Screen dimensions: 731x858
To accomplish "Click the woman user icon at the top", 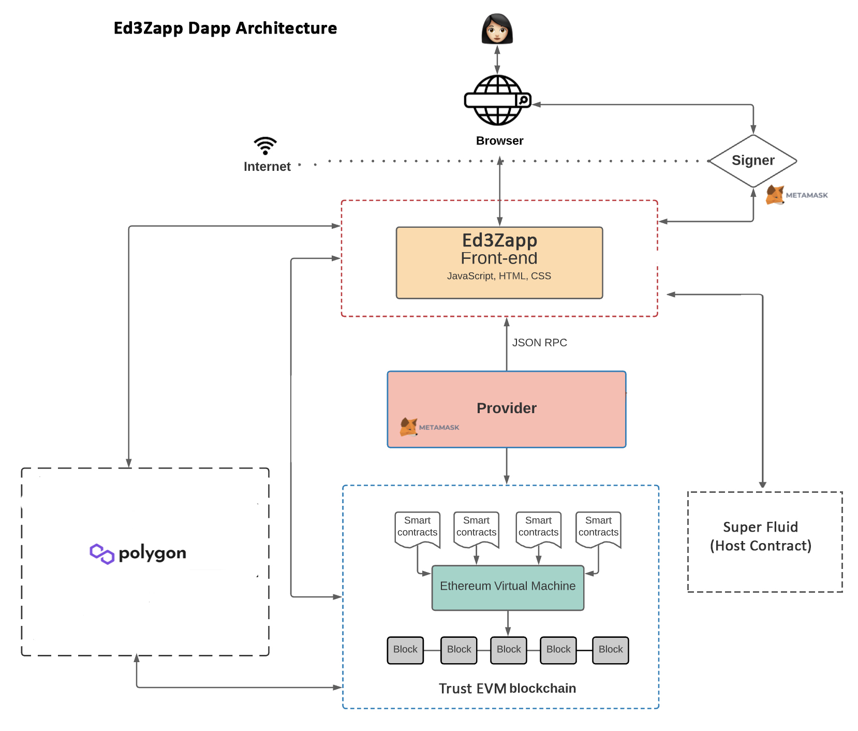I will pos(497,29).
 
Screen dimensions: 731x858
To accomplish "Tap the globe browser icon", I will pos(497,100).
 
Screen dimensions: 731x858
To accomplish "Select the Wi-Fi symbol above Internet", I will pos(265,146).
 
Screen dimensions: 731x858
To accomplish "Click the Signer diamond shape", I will pos(753,160).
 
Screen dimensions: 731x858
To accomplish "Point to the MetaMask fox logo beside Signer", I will pos(775,195).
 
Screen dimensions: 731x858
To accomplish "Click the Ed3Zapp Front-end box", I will pos(499,262).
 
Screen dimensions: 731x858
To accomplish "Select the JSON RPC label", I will pos(539,343).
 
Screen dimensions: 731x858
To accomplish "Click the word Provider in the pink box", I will pos(506,408).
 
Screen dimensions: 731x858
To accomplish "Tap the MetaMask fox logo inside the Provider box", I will pos(408,427).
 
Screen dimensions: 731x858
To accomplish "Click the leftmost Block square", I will pos(405,650).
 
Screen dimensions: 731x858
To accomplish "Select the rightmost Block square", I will pos(611,650).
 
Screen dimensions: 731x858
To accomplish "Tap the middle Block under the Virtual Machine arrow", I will pos(509,650).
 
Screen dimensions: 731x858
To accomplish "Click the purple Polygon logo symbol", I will pos(101,553).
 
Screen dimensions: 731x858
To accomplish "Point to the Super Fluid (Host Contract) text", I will pos(760,536).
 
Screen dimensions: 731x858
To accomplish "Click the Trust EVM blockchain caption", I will pos(507,689).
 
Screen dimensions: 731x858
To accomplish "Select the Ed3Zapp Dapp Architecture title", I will pos(225,28).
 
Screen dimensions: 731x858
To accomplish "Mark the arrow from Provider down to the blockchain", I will pos(507,466).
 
